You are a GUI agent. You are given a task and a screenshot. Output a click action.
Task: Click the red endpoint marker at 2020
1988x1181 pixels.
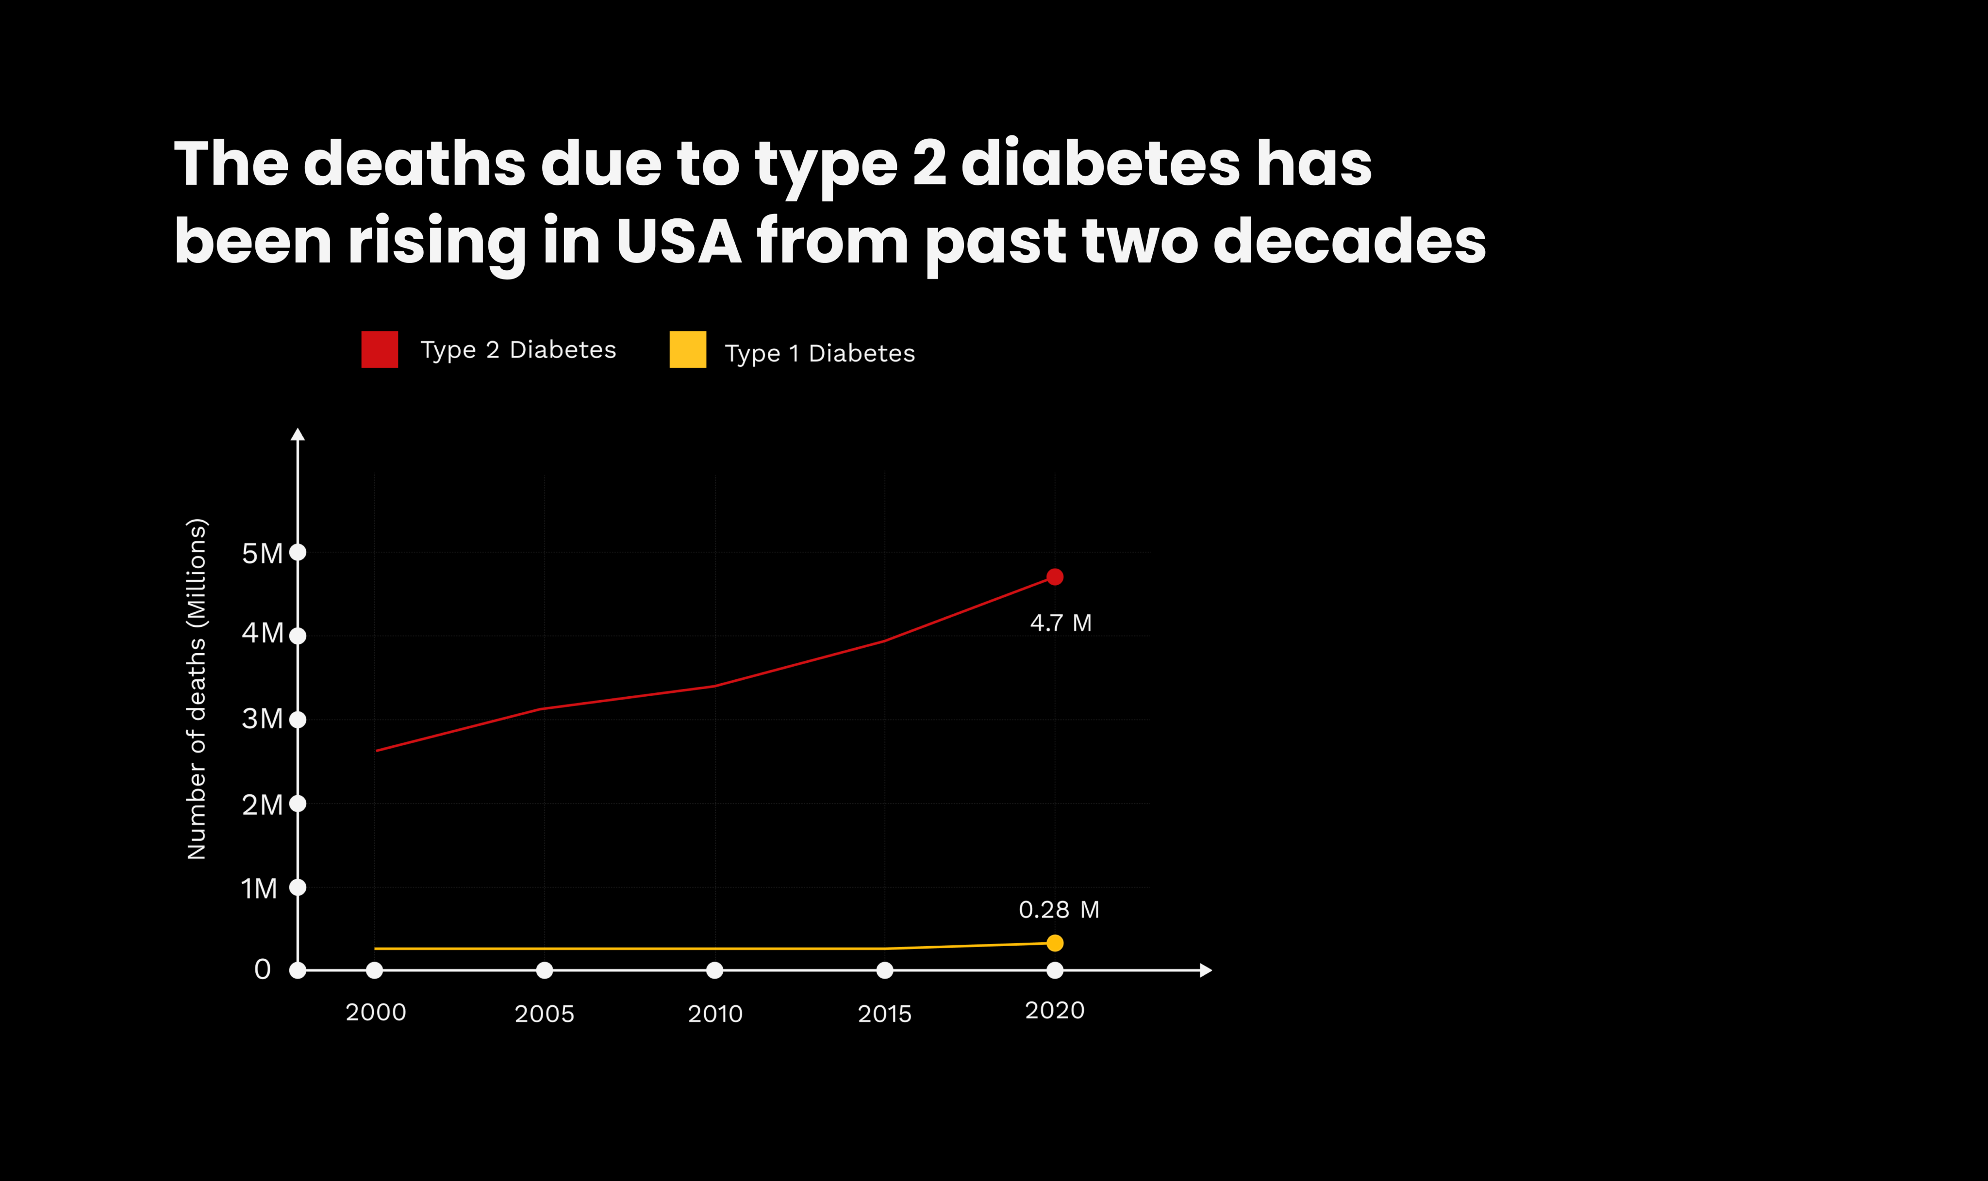tap(1055, 577)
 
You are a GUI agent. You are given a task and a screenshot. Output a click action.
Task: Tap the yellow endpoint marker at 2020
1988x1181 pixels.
tap(1055, 943)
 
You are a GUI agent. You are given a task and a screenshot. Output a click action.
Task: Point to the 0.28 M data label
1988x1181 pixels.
tap(1059, 910)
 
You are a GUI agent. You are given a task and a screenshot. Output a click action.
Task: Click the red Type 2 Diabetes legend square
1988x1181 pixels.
tap(380, 349)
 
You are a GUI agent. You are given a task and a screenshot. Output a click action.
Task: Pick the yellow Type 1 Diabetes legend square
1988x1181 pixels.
tap(688, 349)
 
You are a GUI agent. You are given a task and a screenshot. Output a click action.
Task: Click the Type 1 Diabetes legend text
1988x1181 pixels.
tap(820, 353)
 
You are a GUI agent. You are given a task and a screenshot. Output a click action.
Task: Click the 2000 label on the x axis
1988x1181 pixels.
tap(376, 1012)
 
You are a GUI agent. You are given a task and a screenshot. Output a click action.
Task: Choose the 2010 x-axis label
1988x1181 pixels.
tap(714, 1014)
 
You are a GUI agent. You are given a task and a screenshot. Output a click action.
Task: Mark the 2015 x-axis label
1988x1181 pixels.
tap(884, 1014)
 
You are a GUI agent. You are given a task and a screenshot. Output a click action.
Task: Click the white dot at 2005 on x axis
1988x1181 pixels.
tap(545, 970)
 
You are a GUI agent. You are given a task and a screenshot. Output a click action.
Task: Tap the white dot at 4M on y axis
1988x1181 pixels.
tap(298, 636)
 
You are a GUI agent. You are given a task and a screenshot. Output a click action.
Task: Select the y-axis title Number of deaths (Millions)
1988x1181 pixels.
tap(197, 689)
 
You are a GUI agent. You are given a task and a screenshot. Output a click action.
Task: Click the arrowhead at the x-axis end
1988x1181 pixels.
tap(1206, 970)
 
